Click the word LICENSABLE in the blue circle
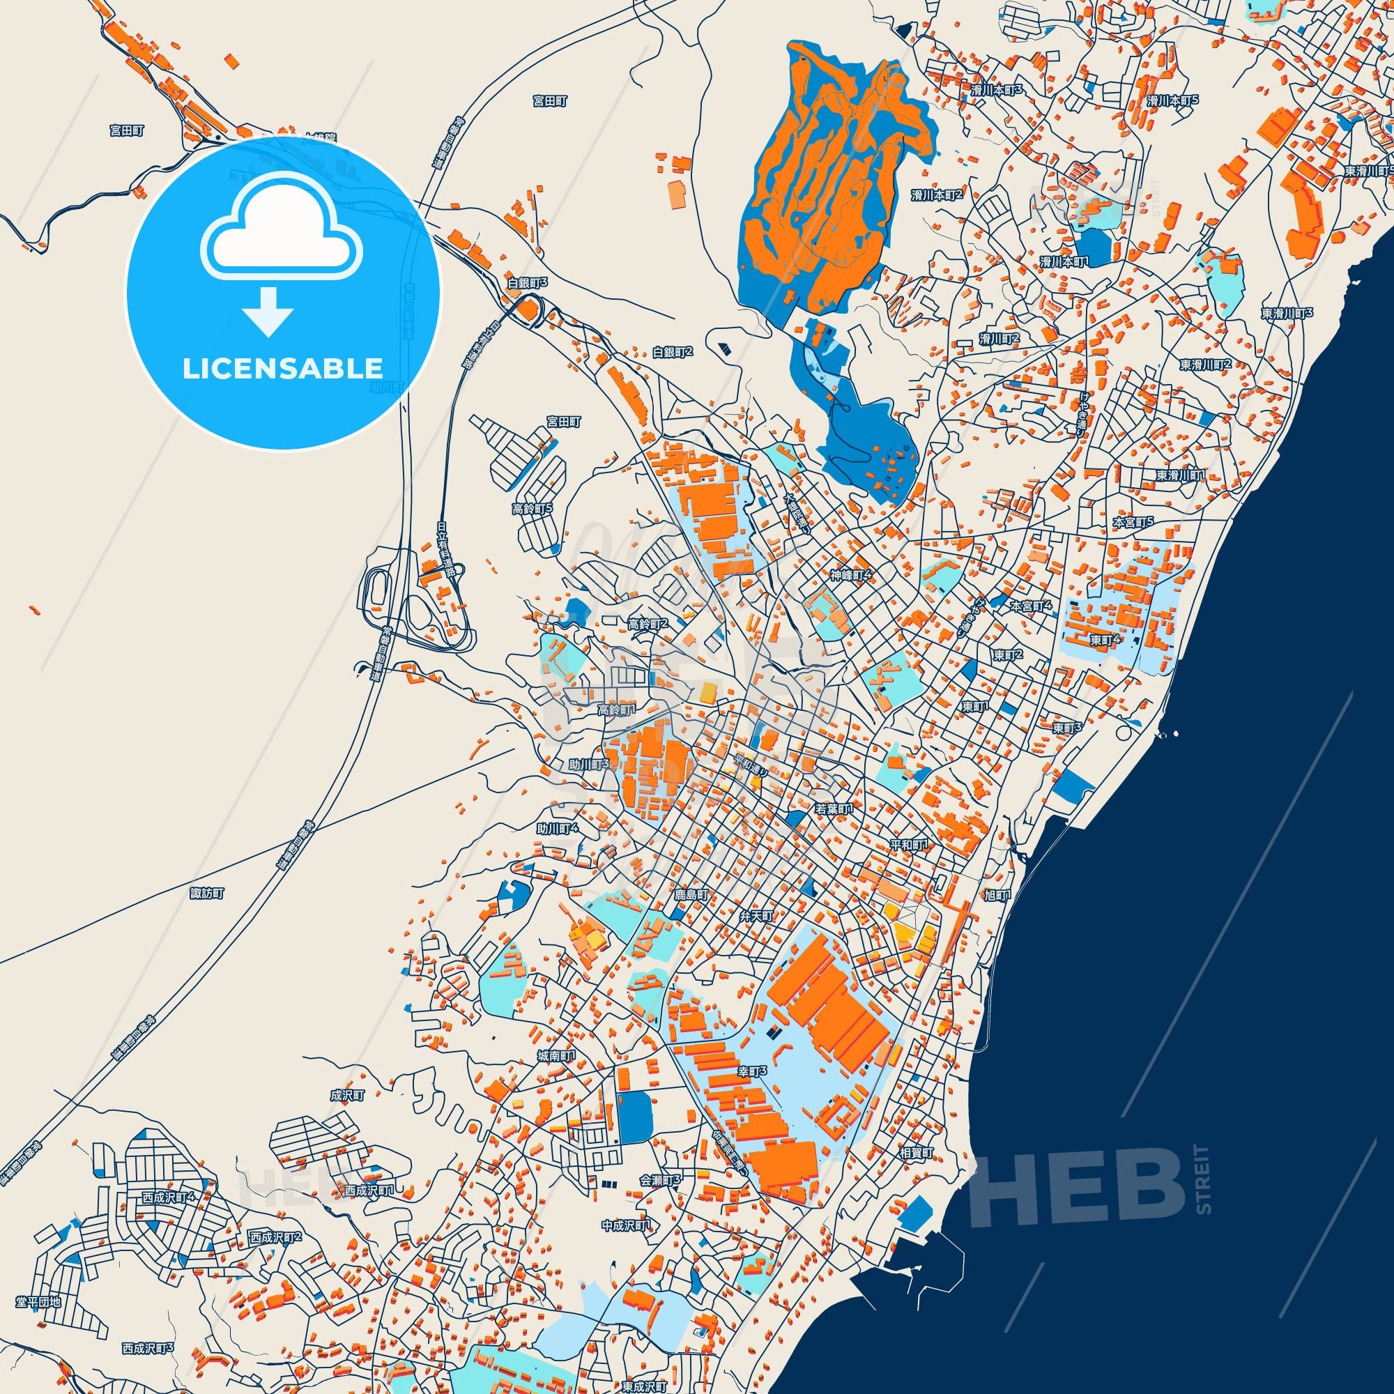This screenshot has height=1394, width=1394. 282,368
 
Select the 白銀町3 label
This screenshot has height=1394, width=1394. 528,284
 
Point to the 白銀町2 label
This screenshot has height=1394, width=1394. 673,352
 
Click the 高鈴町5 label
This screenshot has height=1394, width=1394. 533,509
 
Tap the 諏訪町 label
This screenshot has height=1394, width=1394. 207,894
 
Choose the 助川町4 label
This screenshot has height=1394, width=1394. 558,829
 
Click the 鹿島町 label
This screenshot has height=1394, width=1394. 691,895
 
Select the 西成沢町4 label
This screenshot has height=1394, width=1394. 168,1197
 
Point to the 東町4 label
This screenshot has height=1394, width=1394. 1105,639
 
